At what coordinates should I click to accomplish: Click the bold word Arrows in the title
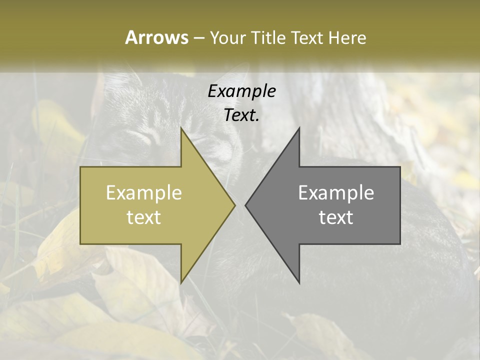(156, 37)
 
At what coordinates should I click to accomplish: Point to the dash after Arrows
(198, 38)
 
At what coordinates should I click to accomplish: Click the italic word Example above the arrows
(242, 91)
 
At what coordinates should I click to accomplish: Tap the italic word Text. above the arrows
(242, 115)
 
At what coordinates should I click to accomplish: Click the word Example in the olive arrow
(144, 193)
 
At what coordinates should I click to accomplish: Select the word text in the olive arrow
(144, 217)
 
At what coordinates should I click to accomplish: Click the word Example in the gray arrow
(336, 193)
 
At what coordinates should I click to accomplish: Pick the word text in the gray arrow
(336, 217)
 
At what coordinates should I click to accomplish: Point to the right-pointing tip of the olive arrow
(234, 205)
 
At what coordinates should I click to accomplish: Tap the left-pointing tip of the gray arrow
(245, 205)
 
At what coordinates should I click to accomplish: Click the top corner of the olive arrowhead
(181, 128)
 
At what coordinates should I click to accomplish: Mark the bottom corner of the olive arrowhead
(181, 283)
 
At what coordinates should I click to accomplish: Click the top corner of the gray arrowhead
(299, 128)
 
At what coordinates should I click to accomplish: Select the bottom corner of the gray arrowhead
(299, 283)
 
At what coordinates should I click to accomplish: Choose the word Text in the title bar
(307, 38)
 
